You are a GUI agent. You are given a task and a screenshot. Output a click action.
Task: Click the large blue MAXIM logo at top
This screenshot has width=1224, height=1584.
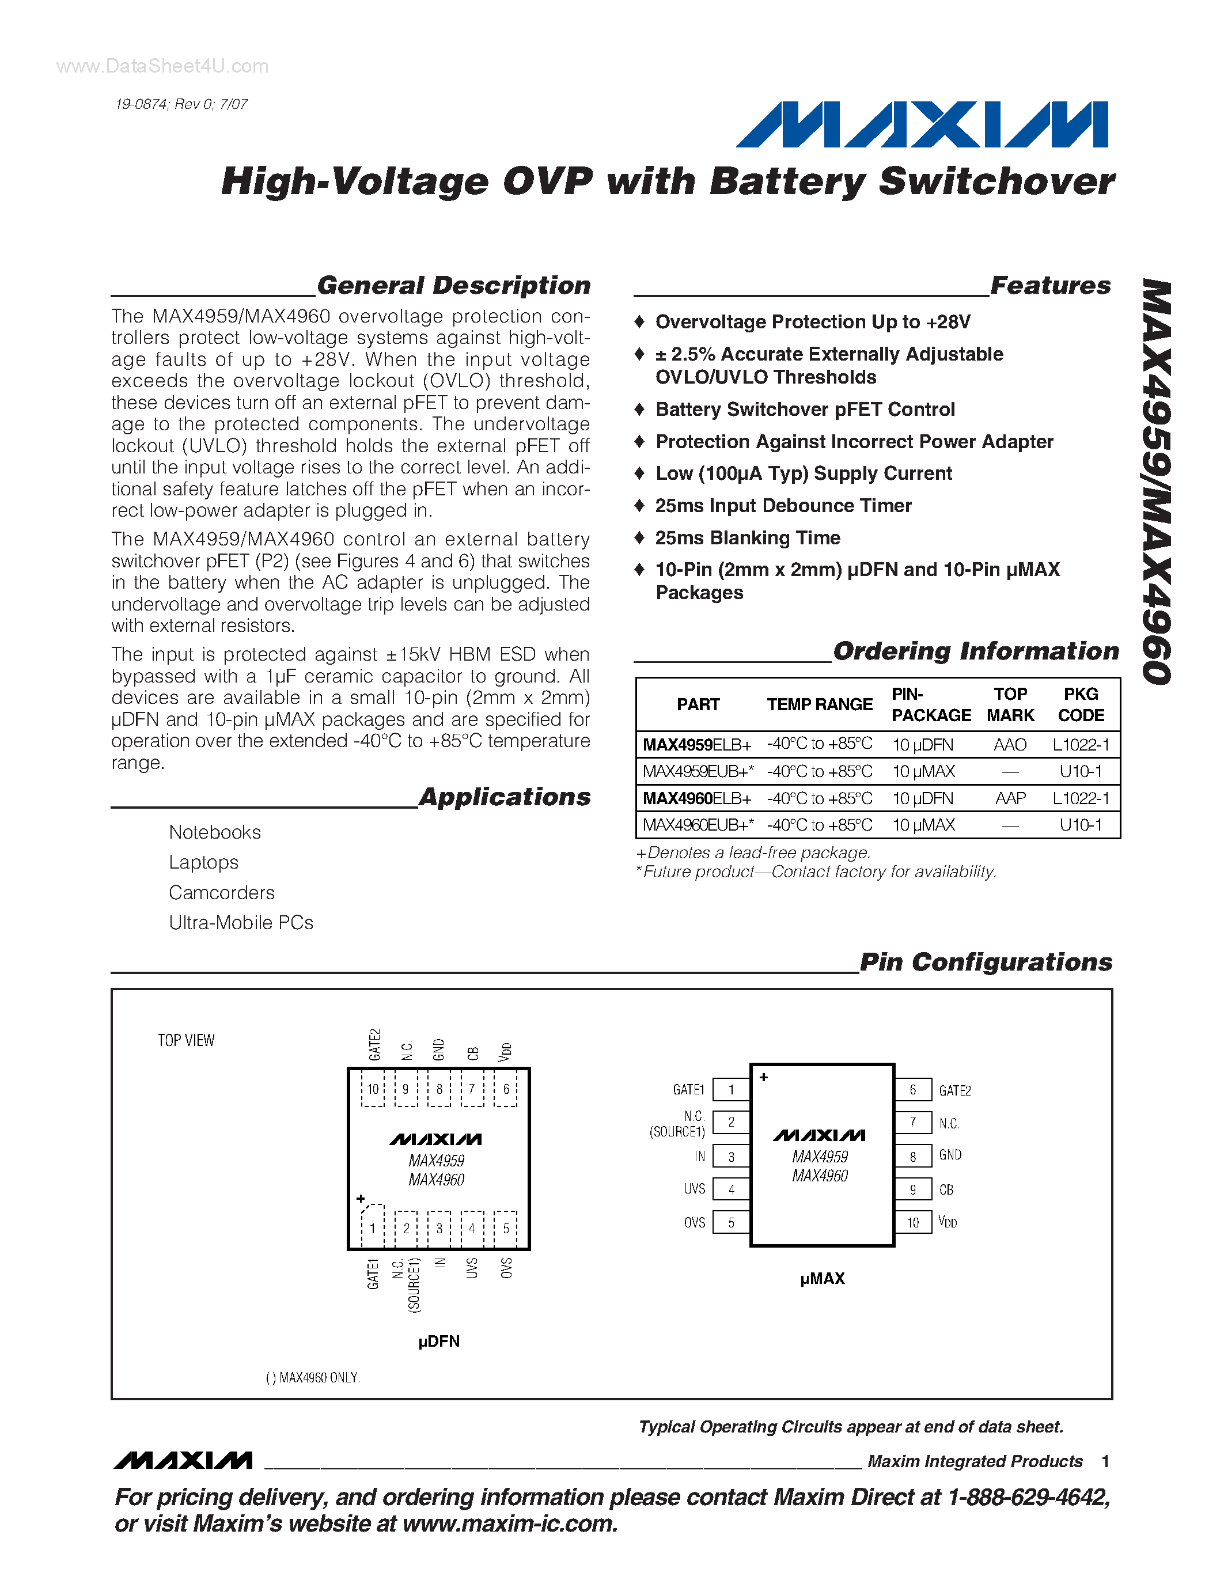922,125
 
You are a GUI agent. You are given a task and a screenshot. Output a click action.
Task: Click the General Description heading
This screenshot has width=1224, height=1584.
453,286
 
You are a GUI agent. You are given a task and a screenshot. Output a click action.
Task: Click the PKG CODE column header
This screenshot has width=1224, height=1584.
1081,704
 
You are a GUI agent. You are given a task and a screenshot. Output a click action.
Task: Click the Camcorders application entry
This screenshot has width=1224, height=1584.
222,893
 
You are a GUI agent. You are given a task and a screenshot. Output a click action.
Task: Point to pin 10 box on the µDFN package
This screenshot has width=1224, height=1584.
373,1089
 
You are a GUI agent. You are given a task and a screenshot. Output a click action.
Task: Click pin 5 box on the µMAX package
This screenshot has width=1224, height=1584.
731,1223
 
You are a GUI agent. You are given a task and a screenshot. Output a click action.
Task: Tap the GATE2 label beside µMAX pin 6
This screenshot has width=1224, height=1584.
954,1091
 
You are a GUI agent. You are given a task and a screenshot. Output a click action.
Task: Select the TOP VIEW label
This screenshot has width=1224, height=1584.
187,1041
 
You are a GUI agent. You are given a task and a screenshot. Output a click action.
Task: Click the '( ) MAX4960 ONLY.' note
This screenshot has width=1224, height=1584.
313,1378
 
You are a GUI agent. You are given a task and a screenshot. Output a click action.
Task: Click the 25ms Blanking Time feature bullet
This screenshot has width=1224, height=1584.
747,538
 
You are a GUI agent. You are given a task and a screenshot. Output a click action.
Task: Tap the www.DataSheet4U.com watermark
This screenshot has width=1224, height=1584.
162,67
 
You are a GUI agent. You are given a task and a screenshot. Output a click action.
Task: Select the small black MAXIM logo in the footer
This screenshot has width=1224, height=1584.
183,1461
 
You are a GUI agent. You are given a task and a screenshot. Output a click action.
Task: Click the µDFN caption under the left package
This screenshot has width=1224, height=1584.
439,1342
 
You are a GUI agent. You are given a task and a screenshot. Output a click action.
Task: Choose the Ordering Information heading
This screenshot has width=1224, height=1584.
975,651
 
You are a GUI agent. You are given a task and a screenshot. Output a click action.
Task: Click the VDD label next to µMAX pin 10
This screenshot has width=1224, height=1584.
948,1222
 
